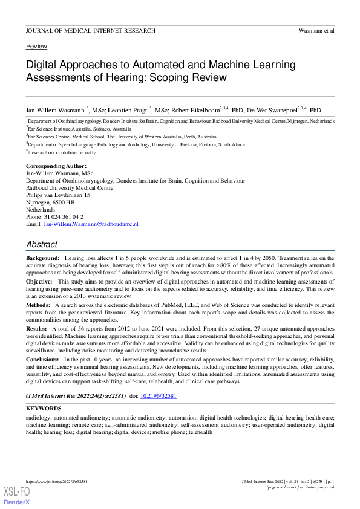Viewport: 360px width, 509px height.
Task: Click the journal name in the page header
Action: click(x=91, y=30)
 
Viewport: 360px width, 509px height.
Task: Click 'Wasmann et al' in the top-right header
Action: click(x=316, y=30)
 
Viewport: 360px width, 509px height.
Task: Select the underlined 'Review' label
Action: click(x=36, y=47)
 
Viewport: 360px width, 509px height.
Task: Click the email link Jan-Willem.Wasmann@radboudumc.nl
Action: click(x=91, y=224)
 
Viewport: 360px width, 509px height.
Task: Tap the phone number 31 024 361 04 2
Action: click(x=64, y=217)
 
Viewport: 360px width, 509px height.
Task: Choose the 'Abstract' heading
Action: click(x=42, y=245)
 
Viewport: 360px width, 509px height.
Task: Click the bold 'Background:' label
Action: click(x=42, y=258)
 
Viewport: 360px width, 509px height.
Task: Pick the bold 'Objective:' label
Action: click(x=40, y=282)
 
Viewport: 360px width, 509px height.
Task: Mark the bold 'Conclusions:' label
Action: click(x=44, y=360)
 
